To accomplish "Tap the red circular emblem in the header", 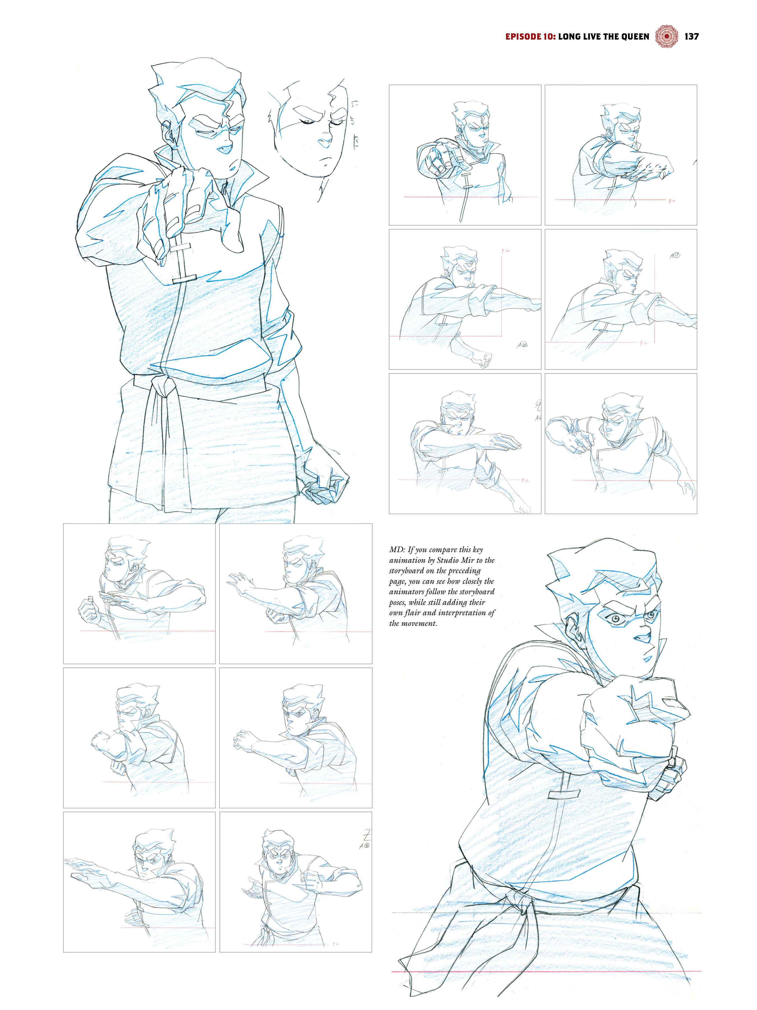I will (x=666, y=36).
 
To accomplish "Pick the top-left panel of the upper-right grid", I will (x=465, y=155).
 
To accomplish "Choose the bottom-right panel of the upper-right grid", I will (x=620, y=443).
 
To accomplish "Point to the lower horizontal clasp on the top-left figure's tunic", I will (x=184, y=278).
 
